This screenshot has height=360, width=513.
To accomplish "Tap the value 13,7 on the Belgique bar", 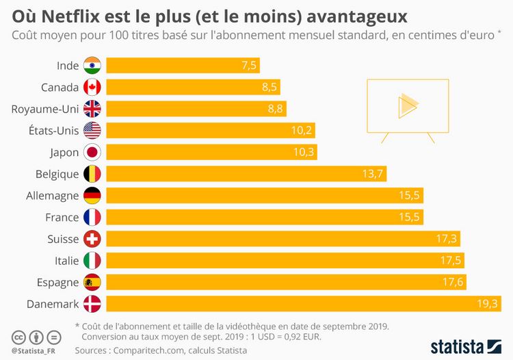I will [372, 174].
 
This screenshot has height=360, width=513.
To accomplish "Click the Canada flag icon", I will [92, 87].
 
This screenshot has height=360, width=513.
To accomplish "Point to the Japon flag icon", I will [92, 152].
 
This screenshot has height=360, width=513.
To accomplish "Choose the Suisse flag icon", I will [92, 239].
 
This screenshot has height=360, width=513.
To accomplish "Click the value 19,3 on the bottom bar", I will [487, 304].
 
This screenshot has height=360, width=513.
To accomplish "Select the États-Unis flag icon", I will [92, 131].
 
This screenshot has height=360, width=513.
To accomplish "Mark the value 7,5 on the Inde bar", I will [248, 66].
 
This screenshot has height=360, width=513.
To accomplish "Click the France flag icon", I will [92, 217].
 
